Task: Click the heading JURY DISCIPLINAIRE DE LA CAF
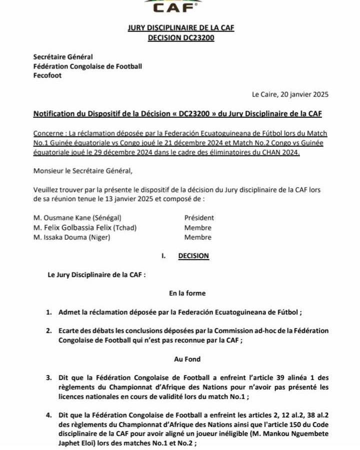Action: coord(181,28)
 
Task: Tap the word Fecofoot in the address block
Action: coord(47,75)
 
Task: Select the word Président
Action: coord(199,218)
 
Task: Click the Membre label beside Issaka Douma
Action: coord(197,237)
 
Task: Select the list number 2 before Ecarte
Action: coord(49,331)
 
